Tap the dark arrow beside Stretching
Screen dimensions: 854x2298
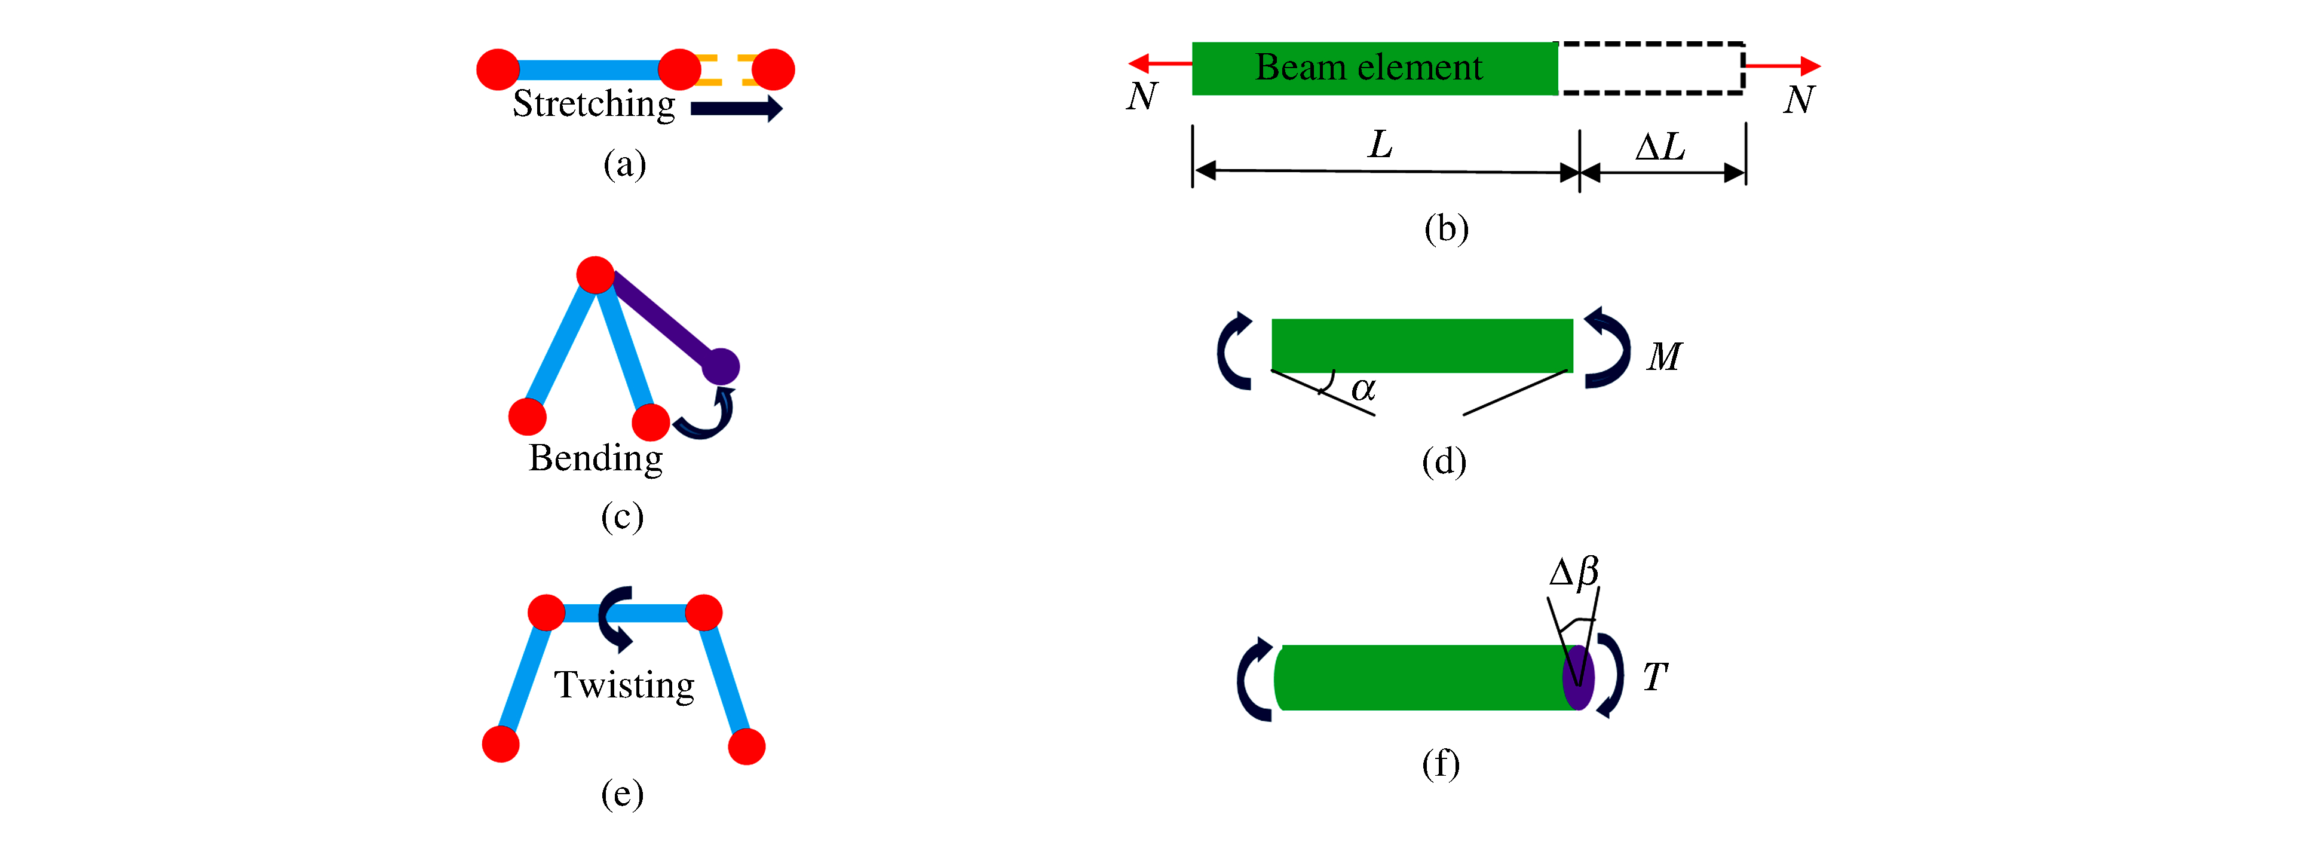point(736,109)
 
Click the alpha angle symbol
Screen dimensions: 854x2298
point(1363,389)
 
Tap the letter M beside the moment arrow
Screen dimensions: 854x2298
point(1663,357)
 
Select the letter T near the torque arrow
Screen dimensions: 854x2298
point(1655,677)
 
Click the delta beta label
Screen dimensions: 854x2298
point(1574,572)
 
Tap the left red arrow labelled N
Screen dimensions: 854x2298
point(1159,63)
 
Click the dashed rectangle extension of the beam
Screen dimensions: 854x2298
point(1650,68)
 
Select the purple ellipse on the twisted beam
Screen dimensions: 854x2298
point(1578,677)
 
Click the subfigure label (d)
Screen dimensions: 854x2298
point(1444,461)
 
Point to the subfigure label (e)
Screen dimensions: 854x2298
point(622,793)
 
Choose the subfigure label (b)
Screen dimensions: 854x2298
point(1446,228)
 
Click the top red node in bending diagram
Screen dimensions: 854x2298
point(595,275)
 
